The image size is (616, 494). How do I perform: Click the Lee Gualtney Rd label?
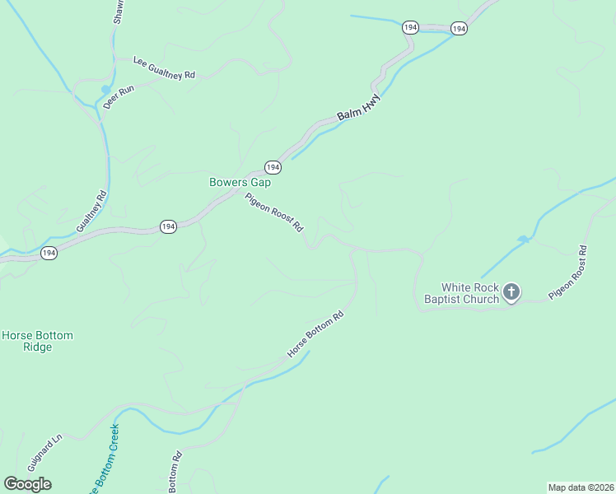pos(164,68)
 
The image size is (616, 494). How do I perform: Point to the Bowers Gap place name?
pos(240,182)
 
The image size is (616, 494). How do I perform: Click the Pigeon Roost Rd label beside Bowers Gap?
pos(274,212)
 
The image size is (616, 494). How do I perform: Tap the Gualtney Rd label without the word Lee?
pos(91,212)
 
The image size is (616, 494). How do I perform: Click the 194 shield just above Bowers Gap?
pos(273,167)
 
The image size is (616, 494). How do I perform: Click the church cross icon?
pos(511,291)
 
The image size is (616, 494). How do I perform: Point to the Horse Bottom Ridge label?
pos(37,341)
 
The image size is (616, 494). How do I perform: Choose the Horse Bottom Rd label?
pos(315,334)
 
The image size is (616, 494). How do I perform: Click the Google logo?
pos(27,484)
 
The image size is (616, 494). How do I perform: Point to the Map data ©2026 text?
pos(581,487)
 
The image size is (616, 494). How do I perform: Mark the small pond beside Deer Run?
pos(105,89)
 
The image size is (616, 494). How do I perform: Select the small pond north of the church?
pos(522,240)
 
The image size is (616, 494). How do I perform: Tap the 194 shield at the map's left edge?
pos(49,253)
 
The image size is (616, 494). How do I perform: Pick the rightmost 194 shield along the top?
pos(459,29)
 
